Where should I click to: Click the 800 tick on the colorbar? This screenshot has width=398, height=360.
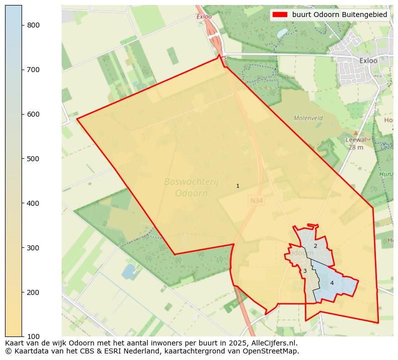tap(34, 25)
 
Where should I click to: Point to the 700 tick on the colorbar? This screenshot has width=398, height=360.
tap(34, 70)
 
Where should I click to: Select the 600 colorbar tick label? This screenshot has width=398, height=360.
tap(34, 114)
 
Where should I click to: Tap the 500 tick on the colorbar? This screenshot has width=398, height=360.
tap(34, 159)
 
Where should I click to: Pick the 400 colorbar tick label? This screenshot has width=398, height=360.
tap(34, 203)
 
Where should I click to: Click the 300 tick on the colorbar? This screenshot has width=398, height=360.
tap(34, 248)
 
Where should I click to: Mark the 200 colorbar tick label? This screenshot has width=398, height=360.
tap(34, 292)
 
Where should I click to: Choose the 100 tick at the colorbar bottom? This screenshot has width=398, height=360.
tap(34, 336)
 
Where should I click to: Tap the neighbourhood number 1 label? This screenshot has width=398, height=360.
tap(238, 186)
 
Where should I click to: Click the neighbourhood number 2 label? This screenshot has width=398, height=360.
tap(315, 246)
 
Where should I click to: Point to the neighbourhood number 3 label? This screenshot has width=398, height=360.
tap(305, 271)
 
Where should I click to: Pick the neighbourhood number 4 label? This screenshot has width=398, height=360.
tap(332, 283)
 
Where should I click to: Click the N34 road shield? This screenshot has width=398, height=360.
tap(256, 201)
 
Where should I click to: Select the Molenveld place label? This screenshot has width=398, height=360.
tap(308, 118)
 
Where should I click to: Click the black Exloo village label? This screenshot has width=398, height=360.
tap(368, 61)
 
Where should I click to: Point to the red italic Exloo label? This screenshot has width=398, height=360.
tap(205, 16)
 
